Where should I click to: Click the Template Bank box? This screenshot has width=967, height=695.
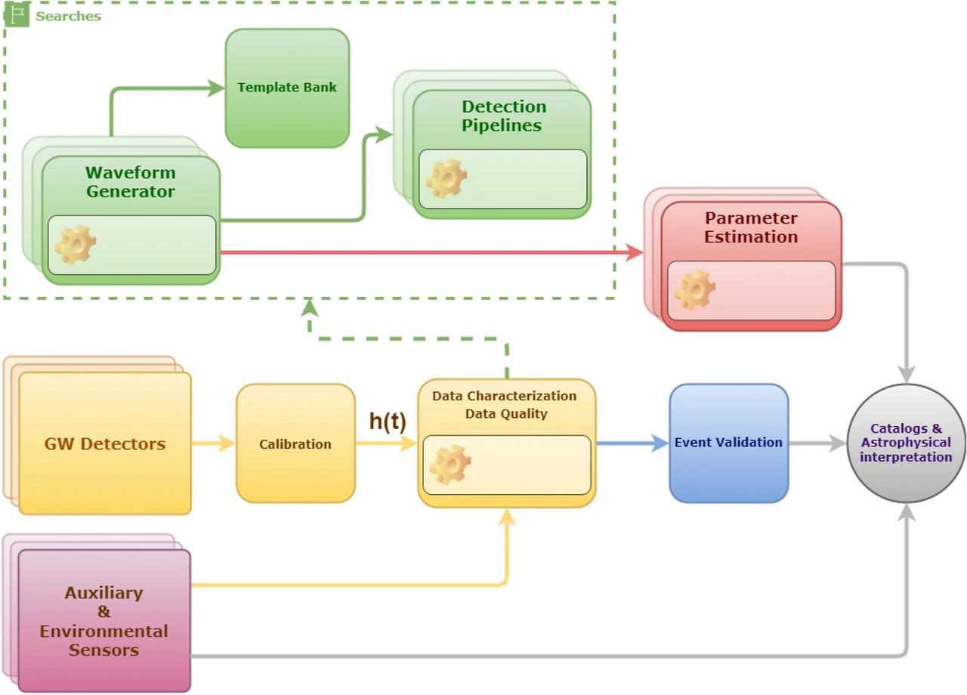(287, 88)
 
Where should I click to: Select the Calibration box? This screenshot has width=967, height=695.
(295, 443)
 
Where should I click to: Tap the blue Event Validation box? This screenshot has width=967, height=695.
(728, 443)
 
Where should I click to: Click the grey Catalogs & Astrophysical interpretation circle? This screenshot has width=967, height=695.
(906, 443)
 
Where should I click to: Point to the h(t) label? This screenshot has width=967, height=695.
(388, 422)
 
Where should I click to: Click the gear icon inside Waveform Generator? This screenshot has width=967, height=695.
(76, 245)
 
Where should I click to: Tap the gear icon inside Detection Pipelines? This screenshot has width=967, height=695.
(446, 179)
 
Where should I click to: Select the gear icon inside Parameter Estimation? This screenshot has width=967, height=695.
(694, 291)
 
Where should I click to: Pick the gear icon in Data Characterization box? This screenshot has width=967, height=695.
(450, 465)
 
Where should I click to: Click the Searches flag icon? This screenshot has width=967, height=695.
(17, 15)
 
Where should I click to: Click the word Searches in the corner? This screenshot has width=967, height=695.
(68, 16)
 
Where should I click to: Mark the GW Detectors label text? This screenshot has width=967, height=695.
(105, 443)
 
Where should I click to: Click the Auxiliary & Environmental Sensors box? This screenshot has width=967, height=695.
(104, 620)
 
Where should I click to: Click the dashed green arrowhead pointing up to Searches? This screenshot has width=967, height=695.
(310, 308)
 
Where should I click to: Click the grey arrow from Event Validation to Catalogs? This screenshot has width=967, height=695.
(818, 443)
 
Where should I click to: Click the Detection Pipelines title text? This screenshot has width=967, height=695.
(504, 116)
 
